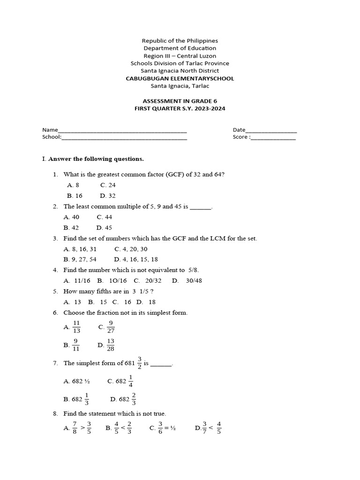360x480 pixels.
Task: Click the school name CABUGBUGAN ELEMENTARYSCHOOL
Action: point(180,78)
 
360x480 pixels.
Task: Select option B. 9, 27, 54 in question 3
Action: point(80,259)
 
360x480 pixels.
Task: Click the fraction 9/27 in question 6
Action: point(111,327)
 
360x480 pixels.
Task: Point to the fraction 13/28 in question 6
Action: point(111,345)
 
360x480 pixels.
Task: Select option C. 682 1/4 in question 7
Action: point(120,381)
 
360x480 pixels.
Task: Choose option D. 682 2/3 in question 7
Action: point(123,399)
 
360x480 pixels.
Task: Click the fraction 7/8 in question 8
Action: point(75,427)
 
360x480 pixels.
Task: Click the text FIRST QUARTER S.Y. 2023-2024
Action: point(180,108)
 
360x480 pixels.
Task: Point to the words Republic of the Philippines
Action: point(180,41)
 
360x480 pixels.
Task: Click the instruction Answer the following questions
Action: point(96,159)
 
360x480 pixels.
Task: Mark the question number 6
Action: point(55,313)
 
